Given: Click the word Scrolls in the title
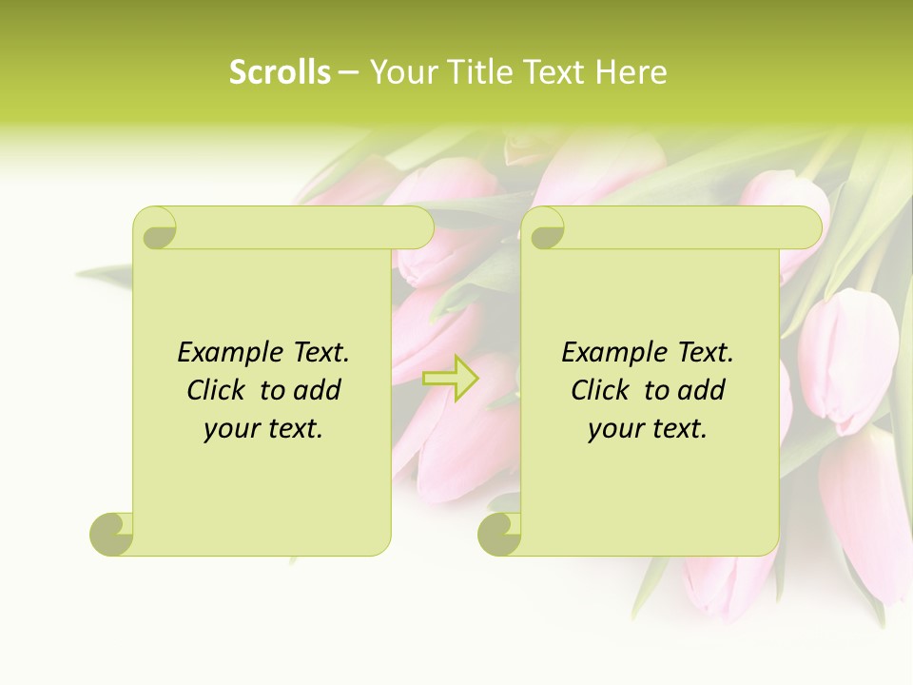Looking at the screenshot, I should tap(280, 71).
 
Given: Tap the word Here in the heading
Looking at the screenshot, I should tap(631, 71).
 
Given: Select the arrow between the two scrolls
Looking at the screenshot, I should tap(450, 378).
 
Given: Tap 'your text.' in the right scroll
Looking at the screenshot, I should tap(648, 428).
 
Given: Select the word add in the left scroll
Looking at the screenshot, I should tap(319, 390).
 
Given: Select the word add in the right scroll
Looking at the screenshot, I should tap(703, 390).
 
